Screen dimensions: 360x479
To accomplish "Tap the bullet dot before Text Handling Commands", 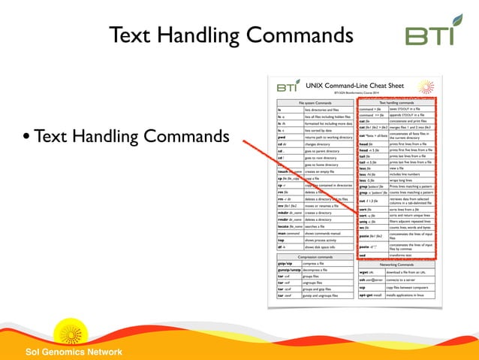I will (x=26, y=138).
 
